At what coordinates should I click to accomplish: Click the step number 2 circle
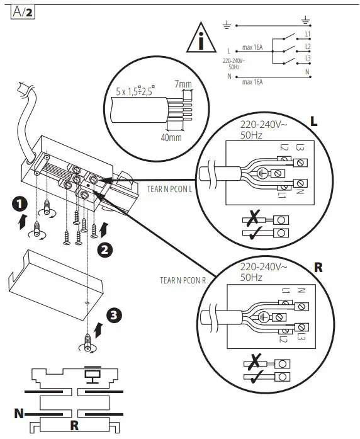pyautogui.click(x=106, y=249)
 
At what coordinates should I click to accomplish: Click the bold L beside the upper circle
pyautogui.click(x=313, y=120)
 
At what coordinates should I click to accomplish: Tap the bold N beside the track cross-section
pyautogui.click(x=20, y=414)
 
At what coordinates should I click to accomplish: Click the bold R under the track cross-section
pyautogui.click(x=74, y=425)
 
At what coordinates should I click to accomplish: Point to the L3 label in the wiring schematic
pyautogui.click(x=307, y=58)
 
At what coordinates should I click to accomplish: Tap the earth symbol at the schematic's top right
pyautogui.click(x=306, y=19)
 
